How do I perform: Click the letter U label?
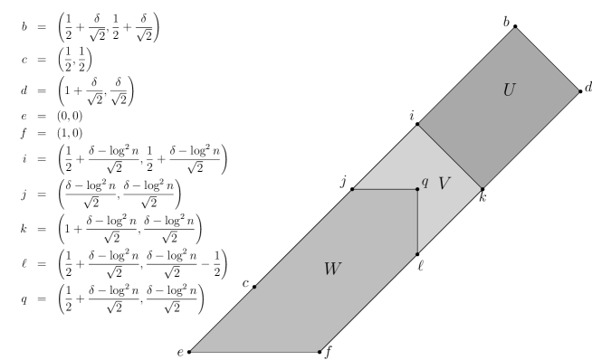(509, 90)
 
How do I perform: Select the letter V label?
(444, 184)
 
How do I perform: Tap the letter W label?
(332, 269)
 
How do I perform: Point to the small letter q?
(425, 182)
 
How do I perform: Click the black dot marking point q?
(417, 189)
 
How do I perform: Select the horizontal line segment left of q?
(385, 189)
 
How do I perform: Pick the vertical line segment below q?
(417, 222)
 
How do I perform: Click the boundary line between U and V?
(451, 156)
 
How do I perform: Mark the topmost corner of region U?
(516, 28)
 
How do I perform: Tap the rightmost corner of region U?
(578, 91)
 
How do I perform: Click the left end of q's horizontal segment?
(353, 189)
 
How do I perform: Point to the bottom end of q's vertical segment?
(417, 253)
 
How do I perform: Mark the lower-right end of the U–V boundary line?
(482, 188)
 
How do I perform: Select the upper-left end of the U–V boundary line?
(418, 125)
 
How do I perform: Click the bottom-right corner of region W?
(320, 351)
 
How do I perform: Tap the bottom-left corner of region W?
(191, 351)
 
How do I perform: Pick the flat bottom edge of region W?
(255, 351)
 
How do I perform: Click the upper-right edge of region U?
(548, 60)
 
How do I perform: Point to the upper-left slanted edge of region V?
(386, 156)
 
